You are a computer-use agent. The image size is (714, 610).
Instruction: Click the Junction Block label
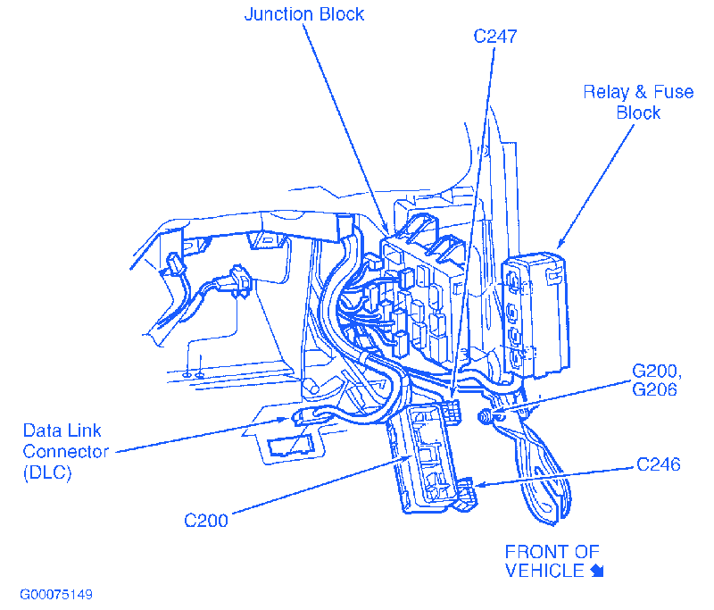(305, 14)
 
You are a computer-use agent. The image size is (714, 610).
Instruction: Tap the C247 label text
(495, 37)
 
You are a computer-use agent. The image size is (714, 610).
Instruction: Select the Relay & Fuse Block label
(637, 102)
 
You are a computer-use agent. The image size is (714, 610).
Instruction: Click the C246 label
(659, 464)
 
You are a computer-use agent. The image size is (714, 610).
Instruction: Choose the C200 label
(206, 521)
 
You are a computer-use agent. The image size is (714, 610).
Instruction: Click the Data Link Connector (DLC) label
(65, 451)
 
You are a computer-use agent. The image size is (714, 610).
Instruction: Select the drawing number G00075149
(56, 594)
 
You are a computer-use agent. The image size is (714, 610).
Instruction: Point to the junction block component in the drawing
(419, 295)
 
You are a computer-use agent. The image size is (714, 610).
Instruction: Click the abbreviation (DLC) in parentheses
(47, 472)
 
